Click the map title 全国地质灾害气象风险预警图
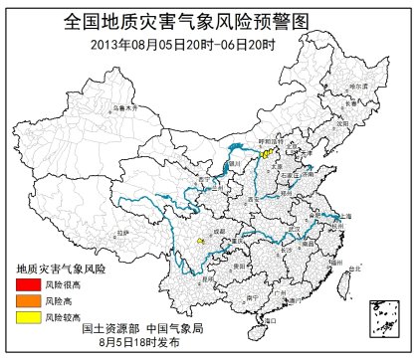tap(209, 20)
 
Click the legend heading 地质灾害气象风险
tap(60, 269)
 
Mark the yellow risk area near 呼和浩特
tap(266, 154)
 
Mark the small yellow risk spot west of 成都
tap(200, 241)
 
